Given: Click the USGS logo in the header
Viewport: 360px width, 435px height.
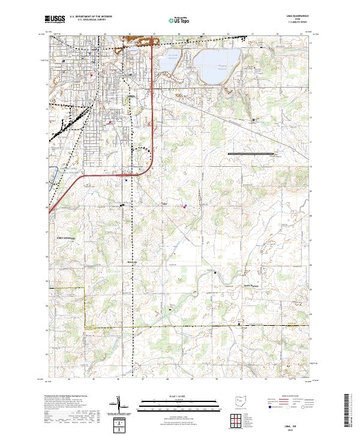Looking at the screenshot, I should click(54, 19).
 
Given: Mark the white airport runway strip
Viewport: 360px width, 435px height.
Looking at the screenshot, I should click(250, 154).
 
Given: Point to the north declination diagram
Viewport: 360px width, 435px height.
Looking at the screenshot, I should click(119, 406).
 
